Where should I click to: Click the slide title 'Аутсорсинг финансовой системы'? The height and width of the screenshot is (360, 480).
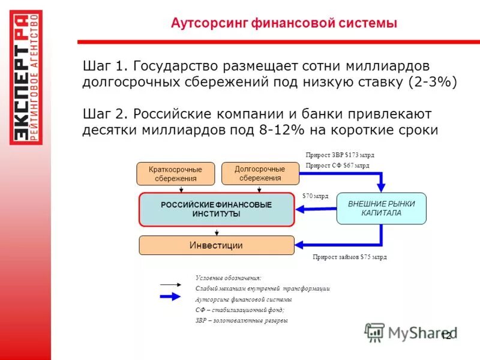pyautogui.click(x=284, y=23)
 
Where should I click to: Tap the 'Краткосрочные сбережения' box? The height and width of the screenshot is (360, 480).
pyautogui.click(x=175, y=174)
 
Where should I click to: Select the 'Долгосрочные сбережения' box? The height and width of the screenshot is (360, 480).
pyautogui.click(x=260, y=173)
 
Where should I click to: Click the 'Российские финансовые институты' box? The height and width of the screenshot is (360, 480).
pyautogui.click(x=217, y=209)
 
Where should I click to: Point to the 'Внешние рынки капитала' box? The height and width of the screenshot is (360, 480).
pyautogui.click(x=382, y=208)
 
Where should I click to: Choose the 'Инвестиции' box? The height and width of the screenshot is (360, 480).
pyautogui.click(x=217, y=245)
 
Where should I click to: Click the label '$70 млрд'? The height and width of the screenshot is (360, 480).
pyautogui.click(x=316, y=196)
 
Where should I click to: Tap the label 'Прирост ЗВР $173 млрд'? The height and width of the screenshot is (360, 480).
pyautogui.click(x=340, y=154)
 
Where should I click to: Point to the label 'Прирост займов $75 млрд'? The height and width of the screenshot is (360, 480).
pyautogui.click(x=350, y=257)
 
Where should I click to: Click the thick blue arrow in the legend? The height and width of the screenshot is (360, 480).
pyautogui.click(x=170, y=296)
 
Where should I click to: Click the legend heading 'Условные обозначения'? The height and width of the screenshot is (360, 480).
pyautogui.click(x=229, y=278)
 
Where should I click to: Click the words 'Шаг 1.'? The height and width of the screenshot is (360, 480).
pyautogui.click(x=106, y=64)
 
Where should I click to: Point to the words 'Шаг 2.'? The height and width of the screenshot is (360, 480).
pyautogui.click(x=106, y=113)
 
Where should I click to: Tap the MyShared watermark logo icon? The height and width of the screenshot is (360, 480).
pyautogui.click(x=375, y=332)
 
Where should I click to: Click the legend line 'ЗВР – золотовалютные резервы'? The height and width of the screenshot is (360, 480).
pyautogui.click(x=242, y=320)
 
